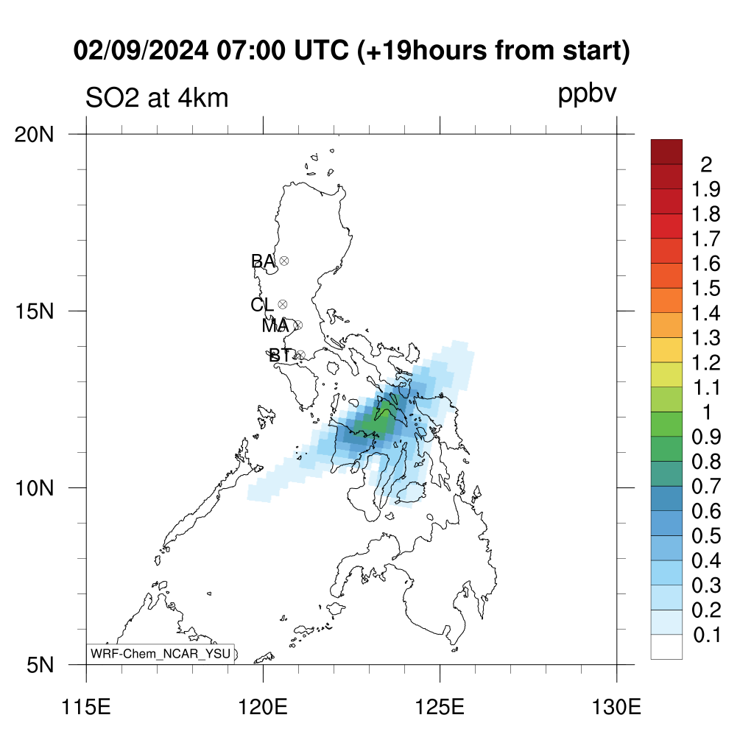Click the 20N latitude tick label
34,135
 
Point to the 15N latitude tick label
34,311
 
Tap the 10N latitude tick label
34,488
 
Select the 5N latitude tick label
40,665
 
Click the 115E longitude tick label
87,707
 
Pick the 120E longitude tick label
263,707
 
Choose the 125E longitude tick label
440,707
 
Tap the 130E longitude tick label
616,707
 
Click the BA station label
263,261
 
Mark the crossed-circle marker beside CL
283,304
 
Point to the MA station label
275,326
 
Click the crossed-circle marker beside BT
300,356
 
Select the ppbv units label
587,94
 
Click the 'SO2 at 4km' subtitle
157,98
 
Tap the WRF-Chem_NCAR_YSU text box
161,654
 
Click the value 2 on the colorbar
706,165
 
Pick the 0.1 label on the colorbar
707,635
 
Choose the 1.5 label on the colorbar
706,289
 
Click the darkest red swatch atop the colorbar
666,152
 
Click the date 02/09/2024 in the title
141,50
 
